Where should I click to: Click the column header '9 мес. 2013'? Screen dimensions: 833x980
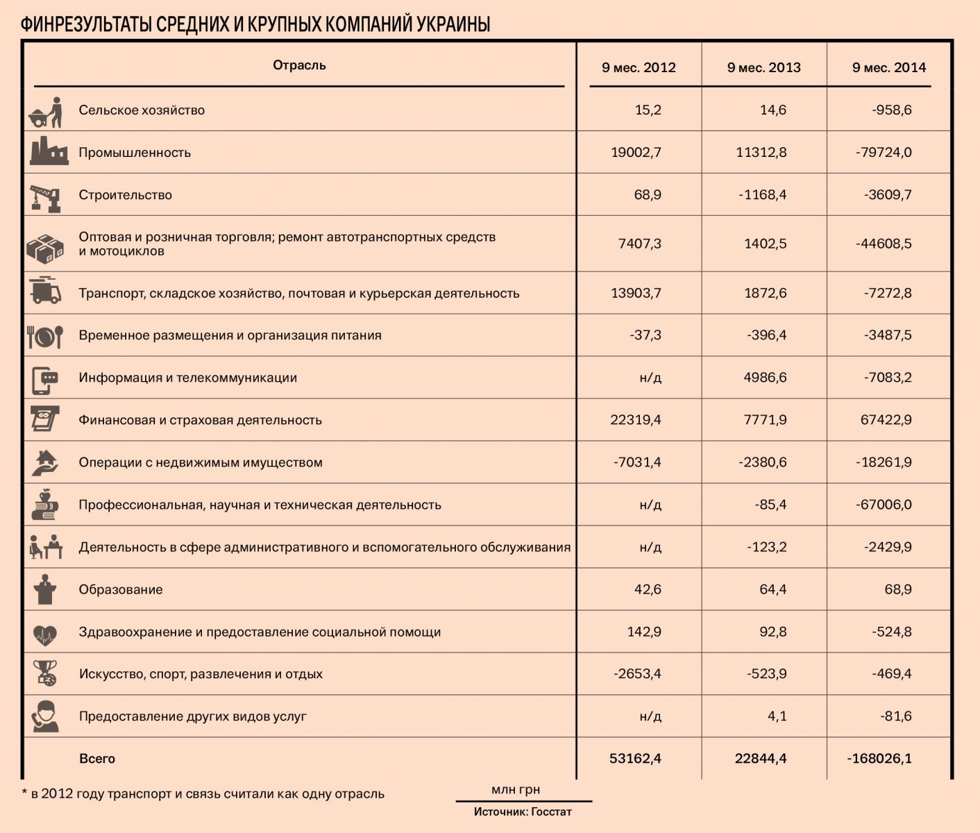[x=763, y=67]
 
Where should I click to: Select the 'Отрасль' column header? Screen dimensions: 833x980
[x=299, y=65]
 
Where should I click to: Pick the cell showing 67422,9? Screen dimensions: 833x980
[x=886, y=420]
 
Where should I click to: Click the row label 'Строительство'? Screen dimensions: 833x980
[x=125, y=195]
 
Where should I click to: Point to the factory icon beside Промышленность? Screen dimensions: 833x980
[x=48, y=151]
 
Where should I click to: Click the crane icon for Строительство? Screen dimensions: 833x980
[x=46, y=196]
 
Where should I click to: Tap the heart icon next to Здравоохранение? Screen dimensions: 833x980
[x=46, y=633]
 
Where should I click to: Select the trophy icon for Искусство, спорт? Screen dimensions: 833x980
[x=46, y=673]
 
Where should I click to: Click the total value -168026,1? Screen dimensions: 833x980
[x=879, y=759]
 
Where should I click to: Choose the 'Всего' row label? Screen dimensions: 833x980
[x=97, y=759]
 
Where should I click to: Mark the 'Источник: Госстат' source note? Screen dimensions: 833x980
[x=523, y=811]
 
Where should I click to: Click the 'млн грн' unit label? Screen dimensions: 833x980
[x=516, y=790]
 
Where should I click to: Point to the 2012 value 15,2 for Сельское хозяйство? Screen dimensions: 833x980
[x=648, y=110]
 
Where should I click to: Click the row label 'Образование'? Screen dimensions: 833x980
[x=121, y=590]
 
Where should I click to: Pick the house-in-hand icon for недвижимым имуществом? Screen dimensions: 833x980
[x=46, y=462]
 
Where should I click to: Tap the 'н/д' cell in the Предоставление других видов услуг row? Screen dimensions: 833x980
[x=650, y=716]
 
